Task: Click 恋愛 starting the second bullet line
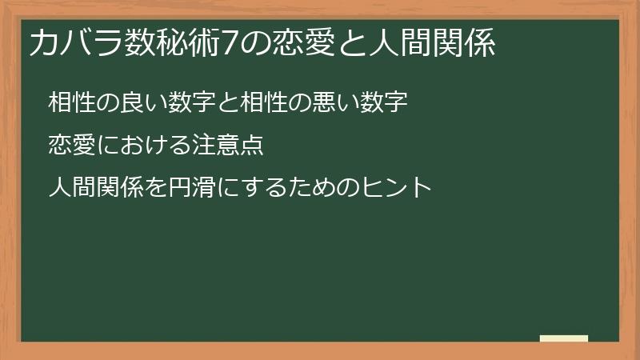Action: tap(70, 146)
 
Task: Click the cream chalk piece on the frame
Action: tap(563, 339)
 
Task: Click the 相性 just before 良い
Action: tap(70, 103)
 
